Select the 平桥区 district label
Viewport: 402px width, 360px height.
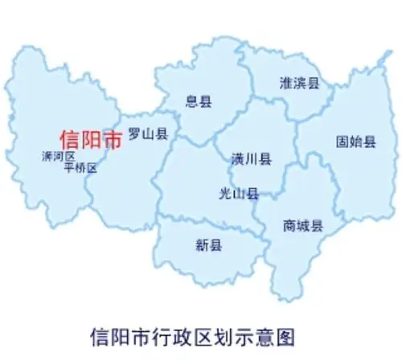[80, 168]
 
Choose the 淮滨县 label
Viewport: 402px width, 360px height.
[300, 83]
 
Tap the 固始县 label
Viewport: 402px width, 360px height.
[355, 141]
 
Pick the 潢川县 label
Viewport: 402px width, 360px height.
[250, 158]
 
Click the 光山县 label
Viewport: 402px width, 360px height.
[239, 193]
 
